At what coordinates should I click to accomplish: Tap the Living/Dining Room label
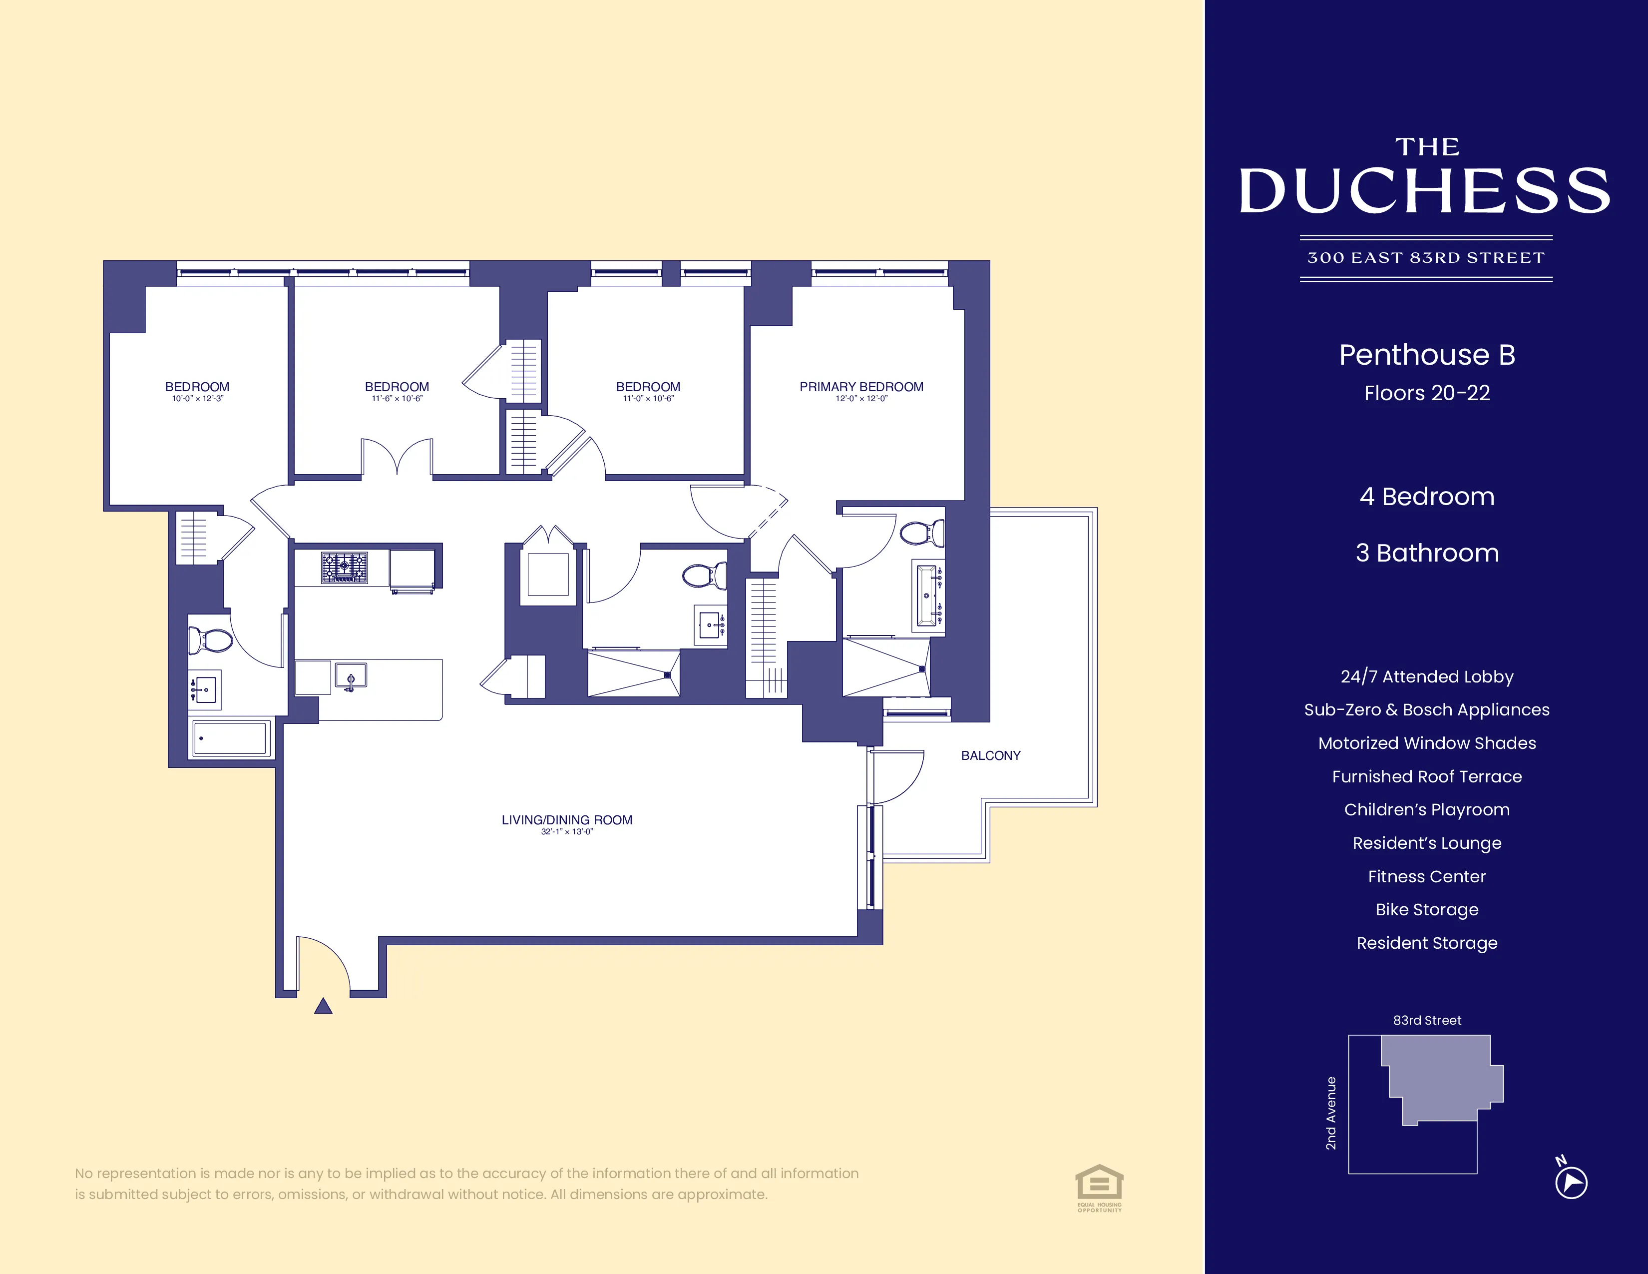(x=567, y=820)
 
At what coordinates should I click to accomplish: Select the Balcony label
(x=990, y=755)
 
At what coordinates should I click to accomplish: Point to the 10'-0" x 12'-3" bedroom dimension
(x=198, y=399)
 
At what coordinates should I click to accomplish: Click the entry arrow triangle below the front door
(x=323, y=1006)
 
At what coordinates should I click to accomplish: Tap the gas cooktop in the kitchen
(x=344, y=567)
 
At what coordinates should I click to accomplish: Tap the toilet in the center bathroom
(x=705, y=577)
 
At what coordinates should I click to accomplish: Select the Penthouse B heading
(x=1426, y=355)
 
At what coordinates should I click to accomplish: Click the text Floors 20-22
(x=1426, y=393)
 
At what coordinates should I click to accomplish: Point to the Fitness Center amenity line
(x=1426, y=876)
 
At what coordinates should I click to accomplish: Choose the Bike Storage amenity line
(x=1426, y=909)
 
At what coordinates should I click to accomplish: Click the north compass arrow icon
(x=1571, y=1182)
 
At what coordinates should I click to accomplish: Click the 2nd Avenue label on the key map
(x=1331, y=1113)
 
